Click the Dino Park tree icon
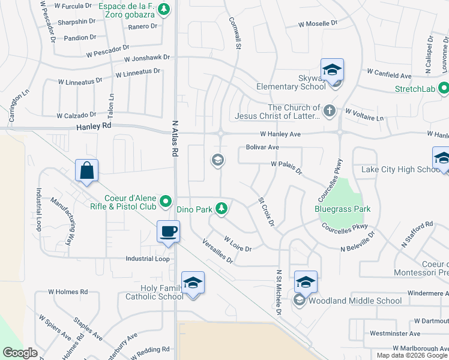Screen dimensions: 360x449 222,208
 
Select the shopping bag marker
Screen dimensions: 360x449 87,170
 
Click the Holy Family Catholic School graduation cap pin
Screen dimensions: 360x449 193,283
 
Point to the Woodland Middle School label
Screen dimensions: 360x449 355,301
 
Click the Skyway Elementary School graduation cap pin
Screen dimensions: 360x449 332,70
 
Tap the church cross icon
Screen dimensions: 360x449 329,111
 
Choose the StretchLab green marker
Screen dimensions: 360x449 444,89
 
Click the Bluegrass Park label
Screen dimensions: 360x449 342,209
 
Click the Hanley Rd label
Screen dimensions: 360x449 94,127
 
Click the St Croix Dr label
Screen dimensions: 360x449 266,212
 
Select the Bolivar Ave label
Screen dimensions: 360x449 262,147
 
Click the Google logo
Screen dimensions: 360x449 20,352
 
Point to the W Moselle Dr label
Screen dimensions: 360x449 318,24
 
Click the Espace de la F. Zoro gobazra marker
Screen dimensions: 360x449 164,9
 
